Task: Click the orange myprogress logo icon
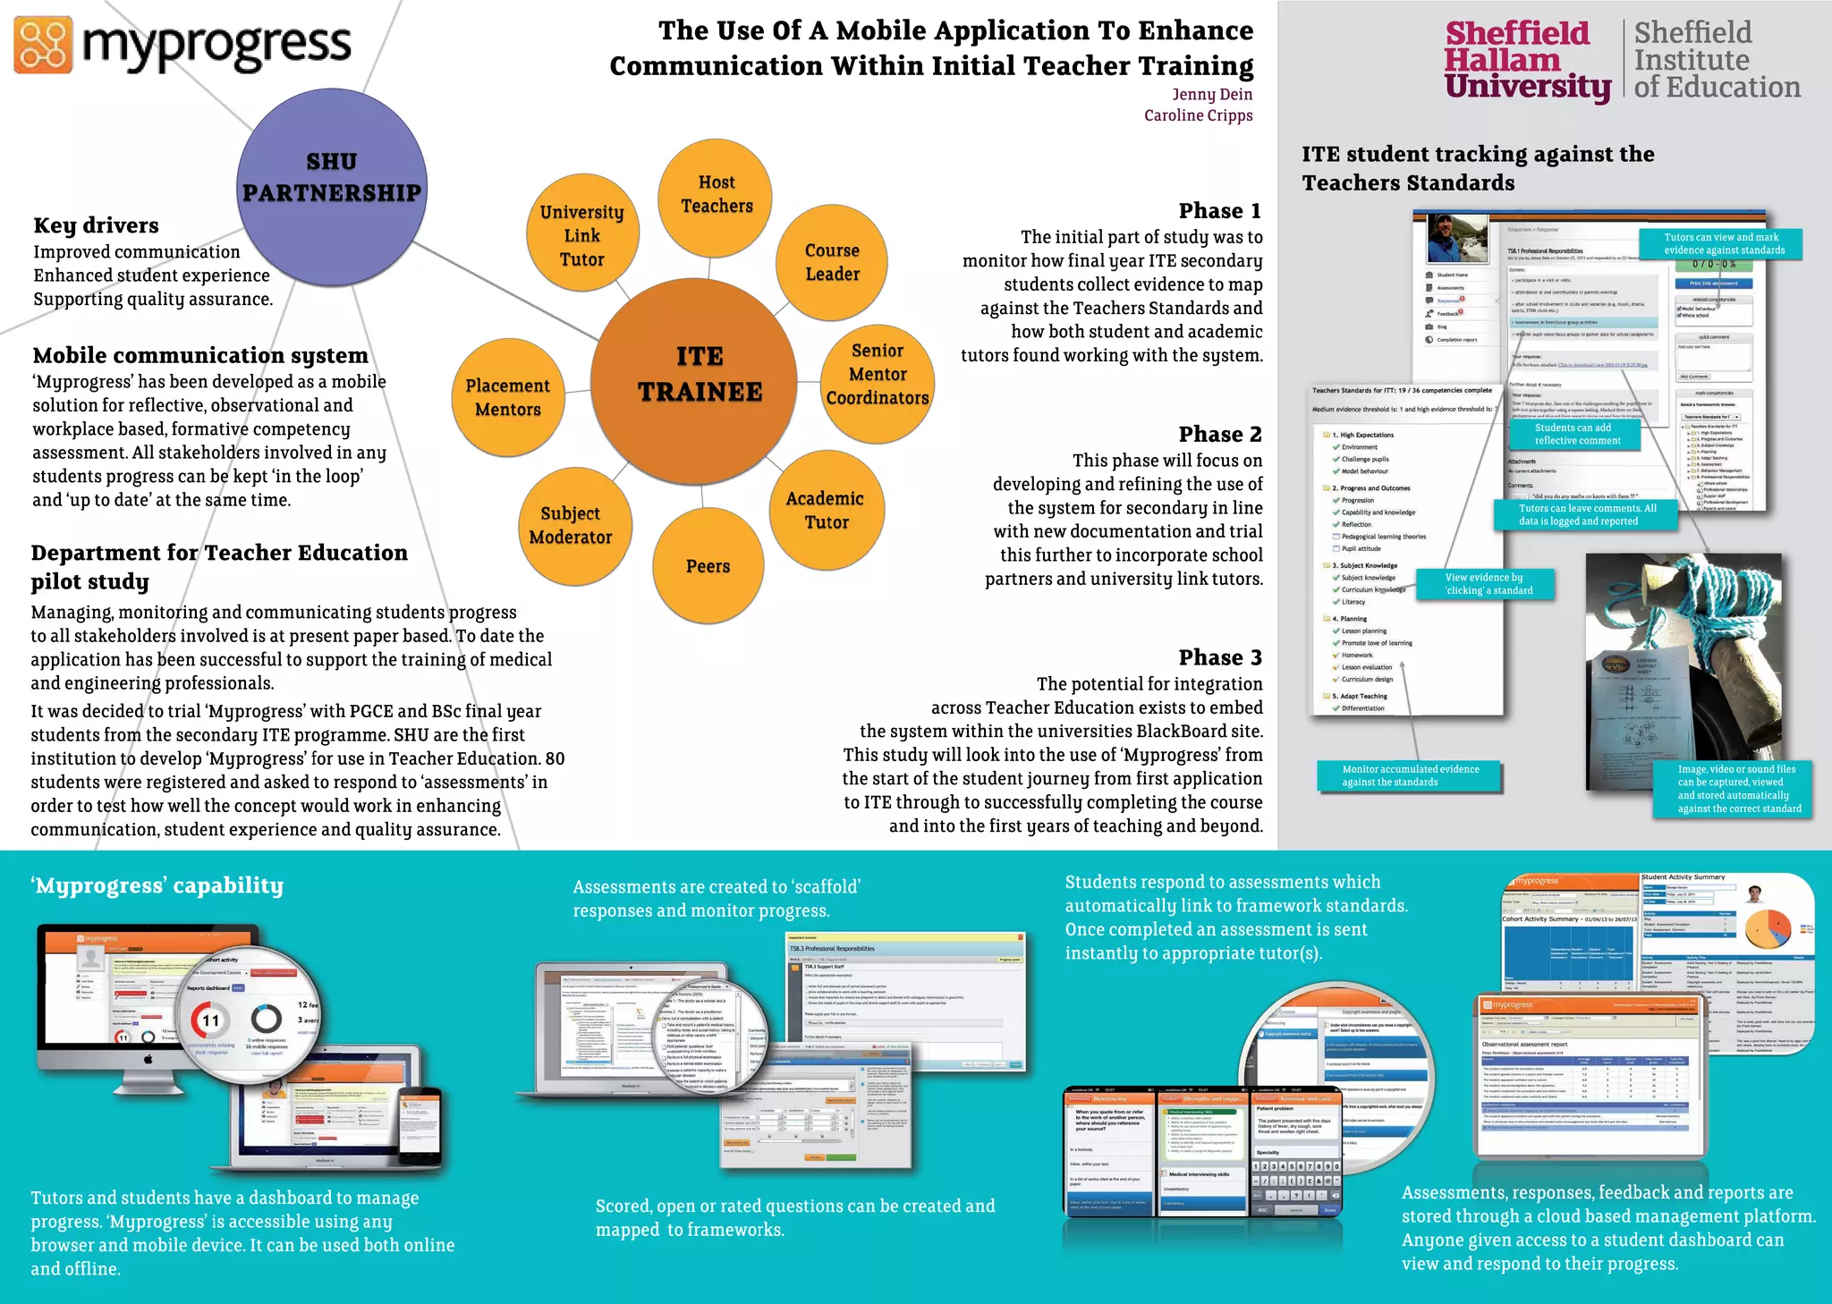[x=43, y=45]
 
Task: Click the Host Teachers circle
[x=716, y=194]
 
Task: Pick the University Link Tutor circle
[x=582, y=234]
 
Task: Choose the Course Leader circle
[x=832, y=262]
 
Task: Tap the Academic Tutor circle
[x=827, y=510]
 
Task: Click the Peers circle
[x=708, y=565]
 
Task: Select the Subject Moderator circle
[x=572, y=526]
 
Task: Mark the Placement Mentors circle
[x=508, y=397]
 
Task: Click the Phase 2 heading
[x=1220, y=435]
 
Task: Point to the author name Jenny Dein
[x=1212, y=94]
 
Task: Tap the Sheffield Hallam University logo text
[x=1526, y=61]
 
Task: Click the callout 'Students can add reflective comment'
[x=1577, y=434]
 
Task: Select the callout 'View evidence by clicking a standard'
[x=1488, y=584]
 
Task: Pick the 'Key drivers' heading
[x=96, y=225]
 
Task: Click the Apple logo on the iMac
[x=148, y=1060]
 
